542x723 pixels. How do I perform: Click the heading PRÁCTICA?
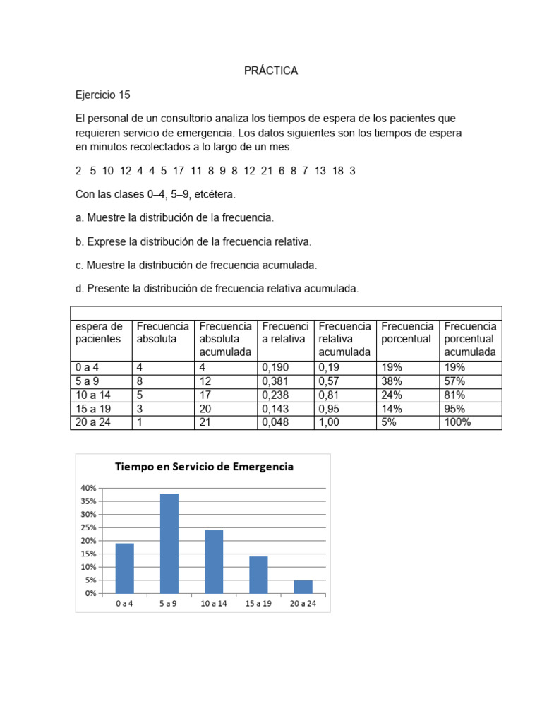271,71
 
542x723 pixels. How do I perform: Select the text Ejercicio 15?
102,95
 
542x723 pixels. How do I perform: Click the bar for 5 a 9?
169,543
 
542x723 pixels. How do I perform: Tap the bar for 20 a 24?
303,586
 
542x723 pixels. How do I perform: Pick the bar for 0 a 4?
125,568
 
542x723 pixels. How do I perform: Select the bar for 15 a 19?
258,575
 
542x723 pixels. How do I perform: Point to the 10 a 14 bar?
214,561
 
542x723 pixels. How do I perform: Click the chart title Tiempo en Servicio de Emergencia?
203,467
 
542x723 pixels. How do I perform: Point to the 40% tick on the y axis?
88,488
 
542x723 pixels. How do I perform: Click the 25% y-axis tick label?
88,527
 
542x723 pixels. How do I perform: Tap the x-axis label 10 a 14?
214,603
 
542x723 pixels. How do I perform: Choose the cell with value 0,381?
275,381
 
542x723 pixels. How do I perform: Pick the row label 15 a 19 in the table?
92,409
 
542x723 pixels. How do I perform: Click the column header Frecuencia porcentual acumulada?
470,339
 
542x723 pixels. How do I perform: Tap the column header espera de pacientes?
100,333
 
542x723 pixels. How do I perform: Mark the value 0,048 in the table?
275,423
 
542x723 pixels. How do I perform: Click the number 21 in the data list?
266,172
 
